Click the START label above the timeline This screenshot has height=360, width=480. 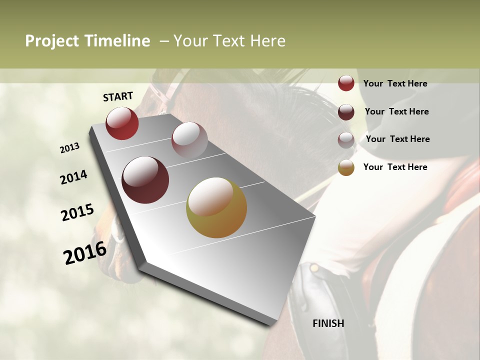(118, 96)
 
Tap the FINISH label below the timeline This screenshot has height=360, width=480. (328, 323)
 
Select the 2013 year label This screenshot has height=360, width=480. (69, 148)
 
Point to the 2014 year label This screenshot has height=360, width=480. (73, 177)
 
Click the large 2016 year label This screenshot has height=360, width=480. (85, 253)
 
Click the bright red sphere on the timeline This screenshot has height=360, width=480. (122, 123)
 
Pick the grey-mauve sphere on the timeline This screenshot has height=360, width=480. (189, 140)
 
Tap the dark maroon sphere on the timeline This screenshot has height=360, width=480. (145, 180)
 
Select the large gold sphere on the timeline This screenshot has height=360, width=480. (216, 207)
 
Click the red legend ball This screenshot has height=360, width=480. (346, 83)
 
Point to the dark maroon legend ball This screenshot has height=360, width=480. (346, 112)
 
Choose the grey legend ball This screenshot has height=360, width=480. (346, 140)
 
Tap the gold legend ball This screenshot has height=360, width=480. (346, 167)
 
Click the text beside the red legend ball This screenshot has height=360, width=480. (395, 84)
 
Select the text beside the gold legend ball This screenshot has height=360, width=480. (395, 167)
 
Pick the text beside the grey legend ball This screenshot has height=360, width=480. (397, 139)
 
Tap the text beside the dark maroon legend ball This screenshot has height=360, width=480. (396, 111)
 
